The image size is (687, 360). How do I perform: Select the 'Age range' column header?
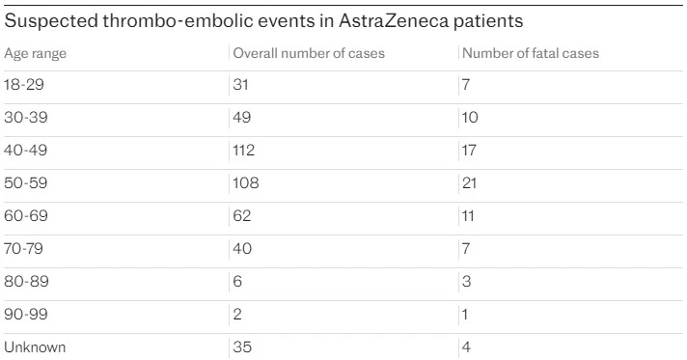[x=36, y=53]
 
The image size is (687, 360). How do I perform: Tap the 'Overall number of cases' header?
[x=309, y=53]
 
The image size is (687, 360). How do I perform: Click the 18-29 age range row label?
[x=25, y=85]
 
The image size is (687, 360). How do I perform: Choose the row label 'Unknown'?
[x=36, y=346]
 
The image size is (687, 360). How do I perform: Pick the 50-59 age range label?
[x=26, y=183]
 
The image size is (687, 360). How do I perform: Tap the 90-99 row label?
[x=26, y=314]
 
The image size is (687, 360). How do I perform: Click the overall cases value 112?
[x=246, y=151]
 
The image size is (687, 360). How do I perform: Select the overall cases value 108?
[x=247, y=183]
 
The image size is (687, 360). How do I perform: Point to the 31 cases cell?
[x=242, y=85]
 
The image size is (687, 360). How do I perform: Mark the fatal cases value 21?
[x=470, y=183]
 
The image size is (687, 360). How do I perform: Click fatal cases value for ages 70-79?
[x=467, y=249]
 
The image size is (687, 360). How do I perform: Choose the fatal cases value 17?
[x=470, y=151]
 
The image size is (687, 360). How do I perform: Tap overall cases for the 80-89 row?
[x=238, y=282]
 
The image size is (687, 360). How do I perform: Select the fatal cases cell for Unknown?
[x=467, y=346]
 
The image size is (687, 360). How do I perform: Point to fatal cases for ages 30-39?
[x=471, y=118]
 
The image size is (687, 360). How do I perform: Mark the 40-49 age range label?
[x=26, y=151]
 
